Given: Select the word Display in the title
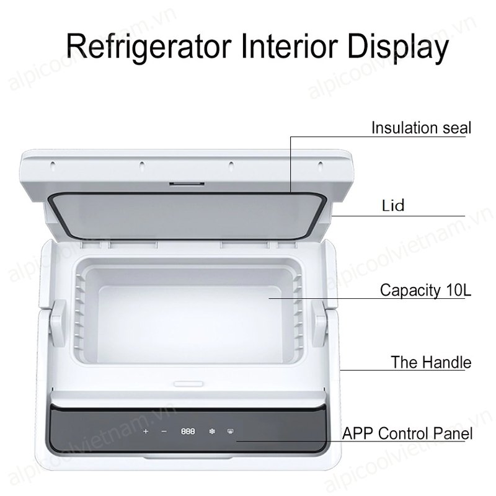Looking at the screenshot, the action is pos(398,48).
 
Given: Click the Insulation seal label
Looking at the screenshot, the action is pos(421,128).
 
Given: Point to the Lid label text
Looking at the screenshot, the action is pos(393,206).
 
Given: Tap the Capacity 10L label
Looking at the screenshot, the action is pos(425,290).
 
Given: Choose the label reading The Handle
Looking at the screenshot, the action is pos(431,362).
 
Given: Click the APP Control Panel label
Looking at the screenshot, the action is pos(407,433).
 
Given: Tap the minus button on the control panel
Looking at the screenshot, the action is pos(164,432).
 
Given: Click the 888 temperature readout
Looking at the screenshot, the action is pos(188,432).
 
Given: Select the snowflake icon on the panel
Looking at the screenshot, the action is pos(212,432).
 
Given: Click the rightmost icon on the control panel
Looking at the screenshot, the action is pos(230,432).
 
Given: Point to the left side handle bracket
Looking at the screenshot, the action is pos(58,323).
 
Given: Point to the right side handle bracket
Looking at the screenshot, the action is pos(319,323).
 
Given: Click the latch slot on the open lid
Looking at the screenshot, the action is pos(187,184).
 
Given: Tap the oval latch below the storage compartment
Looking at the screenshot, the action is pos(188,384).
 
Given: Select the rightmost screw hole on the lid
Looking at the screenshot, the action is pos(321,164).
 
